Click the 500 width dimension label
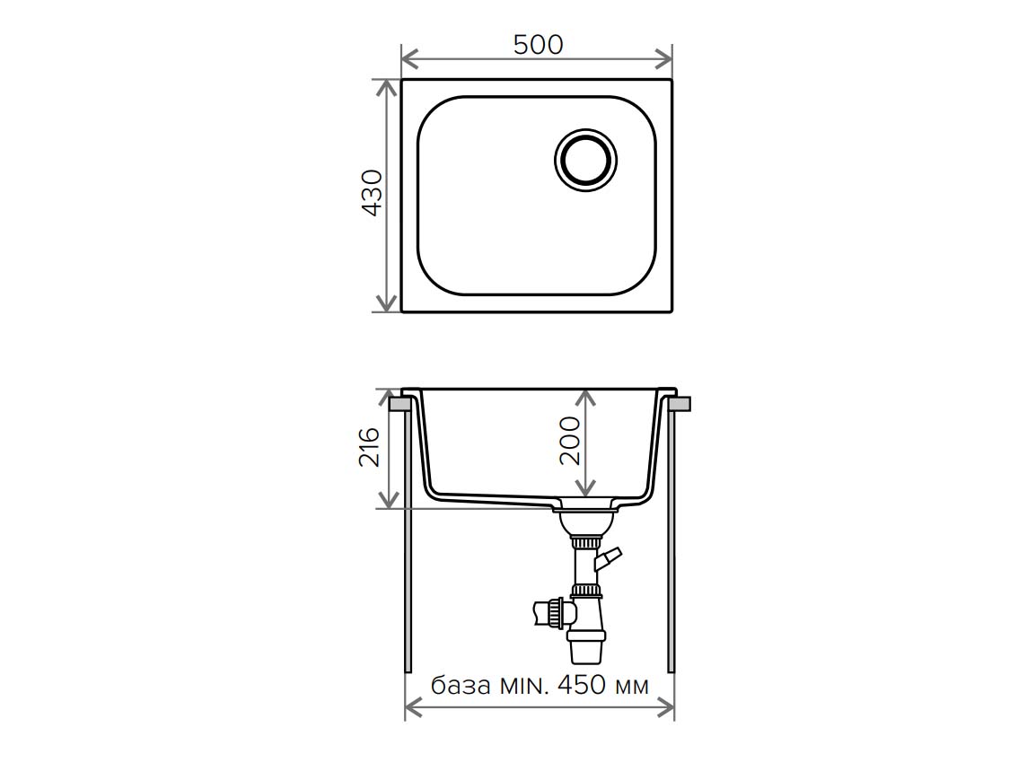tap(539, 45)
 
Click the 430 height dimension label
tap(372, 192)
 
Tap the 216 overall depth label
tap(370, 447)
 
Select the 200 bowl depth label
tap(569, 441)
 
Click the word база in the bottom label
tap(461, 685)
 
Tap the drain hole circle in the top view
tap(585, 160)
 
